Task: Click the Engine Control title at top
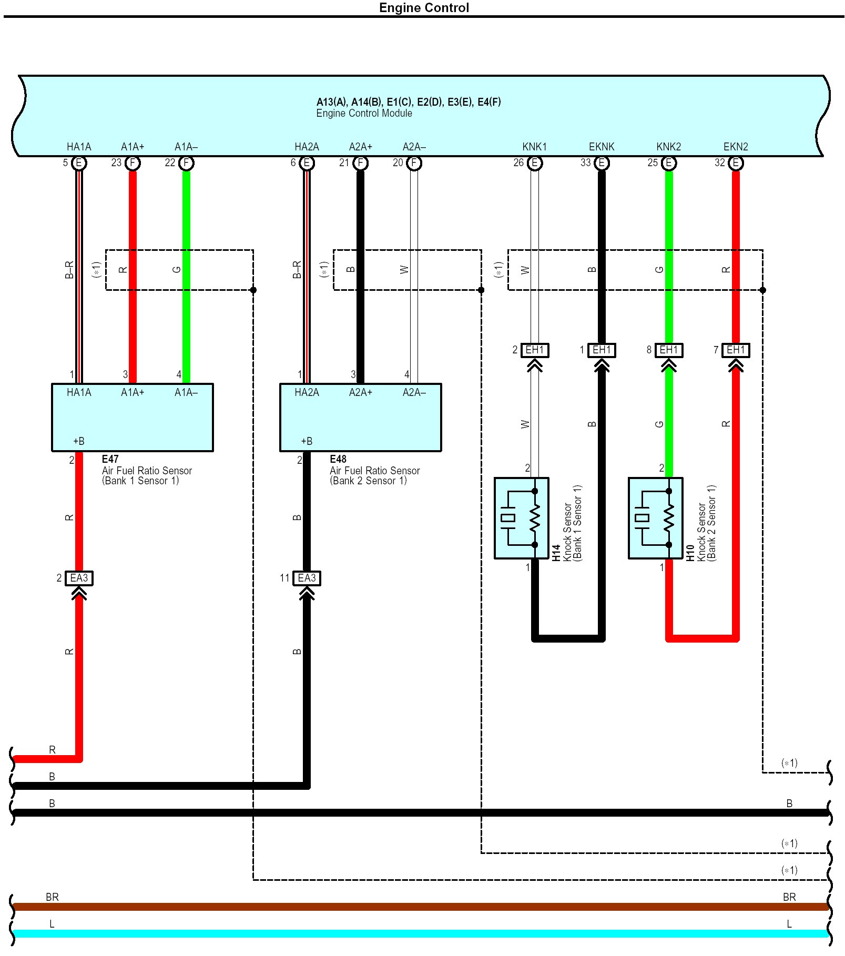(x=424, y=8)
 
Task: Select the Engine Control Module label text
(x=364, y=114)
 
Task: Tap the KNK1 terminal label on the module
(x=534, y=147)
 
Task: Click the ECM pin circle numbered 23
(x=133, y=163)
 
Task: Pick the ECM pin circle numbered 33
(x=602, y=163)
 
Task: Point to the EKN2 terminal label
(x=735, y=147)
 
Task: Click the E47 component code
(x=110, y=459)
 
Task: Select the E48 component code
(x=338, y=459)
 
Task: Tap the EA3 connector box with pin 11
(x=307, y=578)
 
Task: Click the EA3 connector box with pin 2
(x=79, y=578)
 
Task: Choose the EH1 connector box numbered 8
(x=668, y=350)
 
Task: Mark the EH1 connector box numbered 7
(x=736, y=350)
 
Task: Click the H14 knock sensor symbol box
(x=521, y=518)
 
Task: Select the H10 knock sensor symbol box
(x=655, y=518)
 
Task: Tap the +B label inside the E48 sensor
(x=307, y=441)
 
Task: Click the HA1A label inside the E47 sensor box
(x=79, y=392)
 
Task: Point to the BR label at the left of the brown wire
(x=52, y=897)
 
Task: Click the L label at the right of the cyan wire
(x=789, y=924)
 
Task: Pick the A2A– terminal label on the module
(x=414, y=147)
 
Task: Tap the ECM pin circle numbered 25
(x=668, y=163)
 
